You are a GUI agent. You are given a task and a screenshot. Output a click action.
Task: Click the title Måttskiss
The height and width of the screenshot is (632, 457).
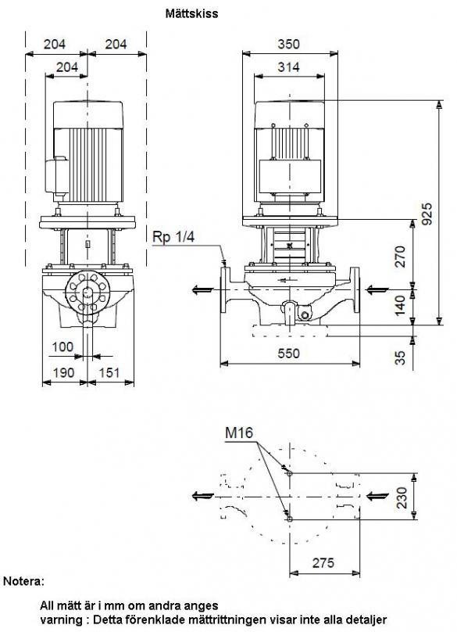[191, 14]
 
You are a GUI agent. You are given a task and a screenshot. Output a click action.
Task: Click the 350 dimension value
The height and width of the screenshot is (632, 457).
[289, 44]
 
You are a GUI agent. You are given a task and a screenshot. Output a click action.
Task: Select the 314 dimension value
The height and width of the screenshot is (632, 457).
[289, 67]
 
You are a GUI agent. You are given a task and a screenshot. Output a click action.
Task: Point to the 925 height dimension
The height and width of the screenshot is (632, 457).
[427, 214]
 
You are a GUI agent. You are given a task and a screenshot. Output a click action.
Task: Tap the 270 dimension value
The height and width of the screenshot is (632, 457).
[401, 257]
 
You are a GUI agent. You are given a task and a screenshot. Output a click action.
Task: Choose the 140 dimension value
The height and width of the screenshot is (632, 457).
[401, 306]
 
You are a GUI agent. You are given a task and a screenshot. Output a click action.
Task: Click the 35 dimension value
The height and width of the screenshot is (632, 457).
[401, 357]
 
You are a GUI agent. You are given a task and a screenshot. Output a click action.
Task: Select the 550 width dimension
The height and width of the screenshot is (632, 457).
[289, 354]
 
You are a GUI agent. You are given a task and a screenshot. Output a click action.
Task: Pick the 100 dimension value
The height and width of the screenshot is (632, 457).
[62, 347]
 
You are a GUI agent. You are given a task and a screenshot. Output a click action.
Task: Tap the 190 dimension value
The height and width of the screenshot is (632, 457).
[64, 372]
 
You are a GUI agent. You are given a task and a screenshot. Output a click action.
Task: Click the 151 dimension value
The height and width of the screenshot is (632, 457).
[109, 372]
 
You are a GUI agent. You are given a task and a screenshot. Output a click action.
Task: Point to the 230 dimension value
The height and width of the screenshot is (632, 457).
[402, 497]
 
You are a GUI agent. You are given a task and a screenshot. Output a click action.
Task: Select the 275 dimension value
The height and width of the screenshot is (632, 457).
[323, 562]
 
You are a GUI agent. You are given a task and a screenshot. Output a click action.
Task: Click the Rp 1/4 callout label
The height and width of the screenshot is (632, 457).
[173, 237]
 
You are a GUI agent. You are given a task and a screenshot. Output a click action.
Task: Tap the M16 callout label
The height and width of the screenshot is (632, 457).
[239, 433]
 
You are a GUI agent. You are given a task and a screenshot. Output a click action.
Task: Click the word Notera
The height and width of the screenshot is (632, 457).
[23, 581]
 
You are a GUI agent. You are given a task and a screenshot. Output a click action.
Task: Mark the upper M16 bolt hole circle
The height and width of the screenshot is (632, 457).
[290, 473]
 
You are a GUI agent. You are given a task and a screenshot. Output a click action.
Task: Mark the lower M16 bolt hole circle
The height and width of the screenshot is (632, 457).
[290, 519]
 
